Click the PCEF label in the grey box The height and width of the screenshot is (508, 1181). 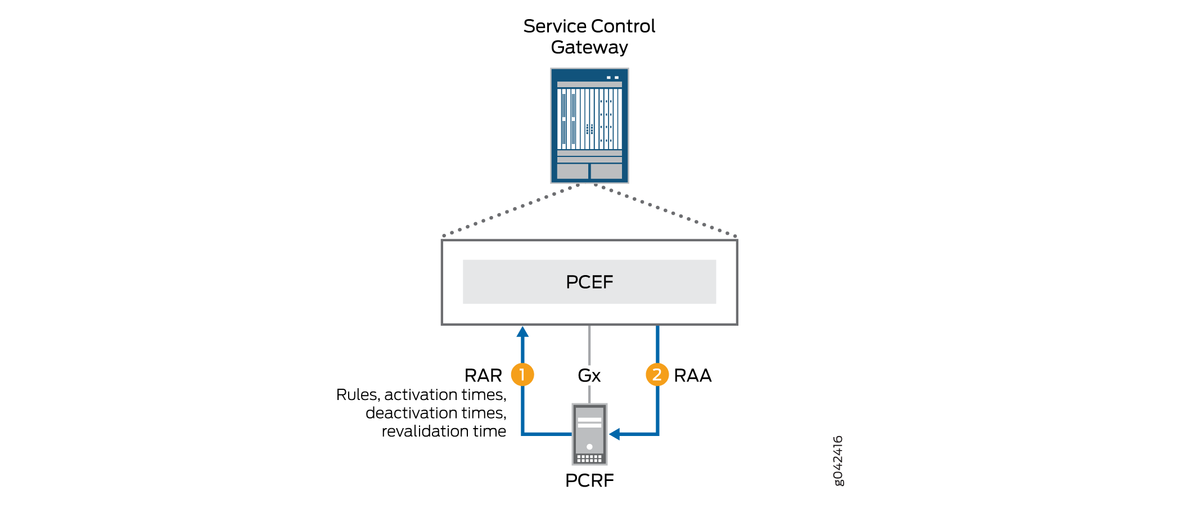tap(589, 282)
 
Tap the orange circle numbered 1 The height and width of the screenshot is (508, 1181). tap(522, 375)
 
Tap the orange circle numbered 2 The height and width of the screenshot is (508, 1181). tap(657, 375)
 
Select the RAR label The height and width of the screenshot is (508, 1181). tap(483, 375)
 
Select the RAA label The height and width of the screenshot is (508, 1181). tap(692, 375)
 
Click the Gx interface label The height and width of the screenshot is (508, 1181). tap(589, 375)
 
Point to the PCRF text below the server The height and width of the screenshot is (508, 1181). tap(589, 480)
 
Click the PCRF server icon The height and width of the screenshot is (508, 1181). tap(589, 434)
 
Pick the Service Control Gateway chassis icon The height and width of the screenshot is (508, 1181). tap(589, 125)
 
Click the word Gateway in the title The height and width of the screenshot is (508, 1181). tap(589, 47)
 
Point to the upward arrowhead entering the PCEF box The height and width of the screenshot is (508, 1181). tap(522, 332)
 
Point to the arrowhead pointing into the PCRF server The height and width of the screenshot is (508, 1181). tap(615, 434)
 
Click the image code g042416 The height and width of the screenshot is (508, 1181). tap(838, 460)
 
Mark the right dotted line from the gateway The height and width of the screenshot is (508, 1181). tap(666, 211)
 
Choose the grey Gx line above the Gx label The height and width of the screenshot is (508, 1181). tap(589, 345)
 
